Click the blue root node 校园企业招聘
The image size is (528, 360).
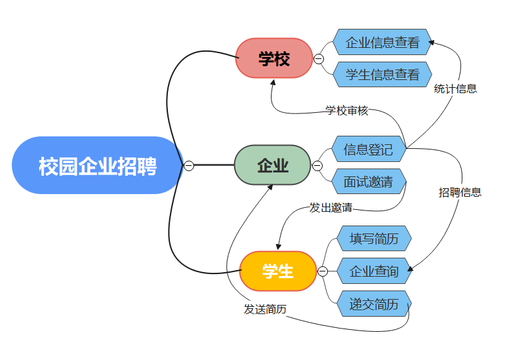pyautogui.click(x=97, y=165)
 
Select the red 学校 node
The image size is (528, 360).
pyautogui.click(x=274, y=58)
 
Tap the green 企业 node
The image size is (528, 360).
pyautogui.click(x=272, y=165)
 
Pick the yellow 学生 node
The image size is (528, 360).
pyautogui.click(x=277, y=271)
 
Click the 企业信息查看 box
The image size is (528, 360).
pyautogui.click(x=382, y=43)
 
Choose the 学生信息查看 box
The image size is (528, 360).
pyautogui.click(x=382, y=75)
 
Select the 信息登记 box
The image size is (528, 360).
pyautogui.click(x=368, y=150)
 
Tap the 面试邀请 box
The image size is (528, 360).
pyautogui.click(x=368, y=182)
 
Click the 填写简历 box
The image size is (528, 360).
pyautogui.click(x=373, y=239)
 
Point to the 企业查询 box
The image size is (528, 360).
pyautogui.click(x=373, y=271)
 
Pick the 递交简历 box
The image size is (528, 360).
pyautogui.click(x=373, y=304)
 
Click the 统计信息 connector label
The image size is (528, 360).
pyautogui.click(x=455, y=89)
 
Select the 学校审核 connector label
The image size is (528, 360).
pyautogui.click(x=347, y=110)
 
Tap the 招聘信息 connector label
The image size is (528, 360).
pyautogui.click(x=460, y=192)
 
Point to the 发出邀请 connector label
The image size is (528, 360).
pyautogui.click(x=331, y=208)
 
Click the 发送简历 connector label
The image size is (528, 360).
pyautogui.click(x=265, y=310)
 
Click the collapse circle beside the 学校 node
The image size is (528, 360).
pyautogui.click(x=319, y=59)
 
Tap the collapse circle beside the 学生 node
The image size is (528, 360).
pyautogui.click(x=323, y=271)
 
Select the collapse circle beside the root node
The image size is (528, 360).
pyautogui.click(x=189, y=166)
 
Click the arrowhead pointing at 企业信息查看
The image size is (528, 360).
pyautogui.click(x=432, y=43)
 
